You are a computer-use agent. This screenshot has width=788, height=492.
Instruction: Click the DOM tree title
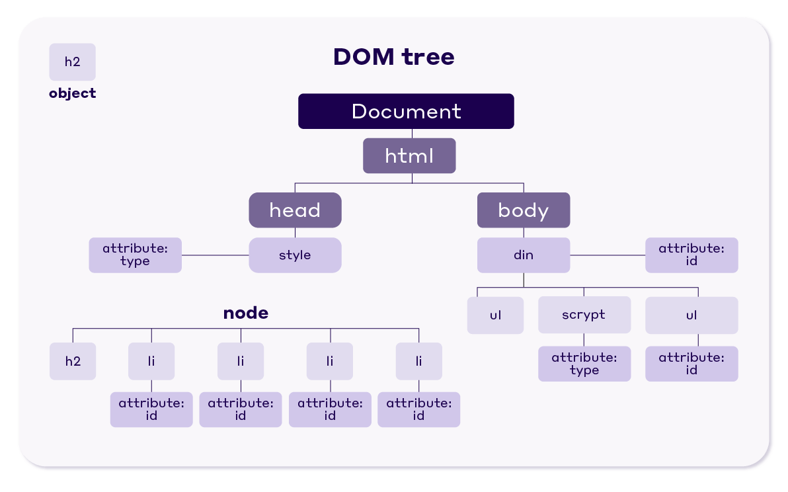point(393,57)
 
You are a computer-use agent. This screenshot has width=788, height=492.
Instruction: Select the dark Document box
point(406,111)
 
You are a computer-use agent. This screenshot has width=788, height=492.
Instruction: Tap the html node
point(409,156)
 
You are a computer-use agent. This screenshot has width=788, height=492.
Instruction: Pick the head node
point(295,210)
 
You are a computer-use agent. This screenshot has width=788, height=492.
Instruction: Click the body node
point(524,210)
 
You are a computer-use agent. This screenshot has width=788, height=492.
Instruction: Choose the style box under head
point(295,255)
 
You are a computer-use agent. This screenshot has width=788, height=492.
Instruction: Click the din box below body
point(524,255)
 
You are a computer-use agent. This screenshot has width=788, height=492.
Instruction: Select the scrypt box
point(584,315)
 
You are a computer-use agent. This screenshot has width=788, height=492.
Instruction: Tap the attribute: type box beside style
point(135,255)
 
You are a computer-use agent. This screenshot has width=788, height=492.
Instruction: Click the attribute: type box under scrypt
point(584,364)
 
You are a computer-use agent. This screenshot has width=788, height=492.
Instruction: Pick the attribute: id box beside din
point(691,255)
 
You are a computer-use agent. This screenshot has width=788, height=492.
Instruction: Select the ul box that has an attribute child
point(691,315)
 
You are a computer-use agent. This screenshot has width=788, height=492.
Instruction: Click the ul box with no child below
point(495,315)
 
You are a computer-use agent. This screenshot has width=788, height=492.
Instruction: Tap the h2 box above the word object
point(73,62)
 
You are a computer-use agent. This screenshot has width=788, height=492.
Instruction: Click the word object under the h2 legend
point(73,93)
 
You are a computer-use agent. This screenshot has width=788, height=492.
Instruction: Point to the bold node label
point(246,313)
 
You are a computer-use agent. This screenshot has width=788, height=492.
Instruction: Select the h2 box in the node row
point(73,361)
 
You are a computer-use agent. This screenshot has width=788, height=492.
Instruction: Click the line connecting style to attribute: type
point(215,255)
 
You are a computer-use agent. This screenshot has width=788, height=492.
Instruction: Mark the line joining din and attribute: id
point(608,255)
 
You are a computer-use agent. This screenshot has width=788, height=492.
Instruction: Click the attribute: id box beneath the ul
point(691,364)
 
